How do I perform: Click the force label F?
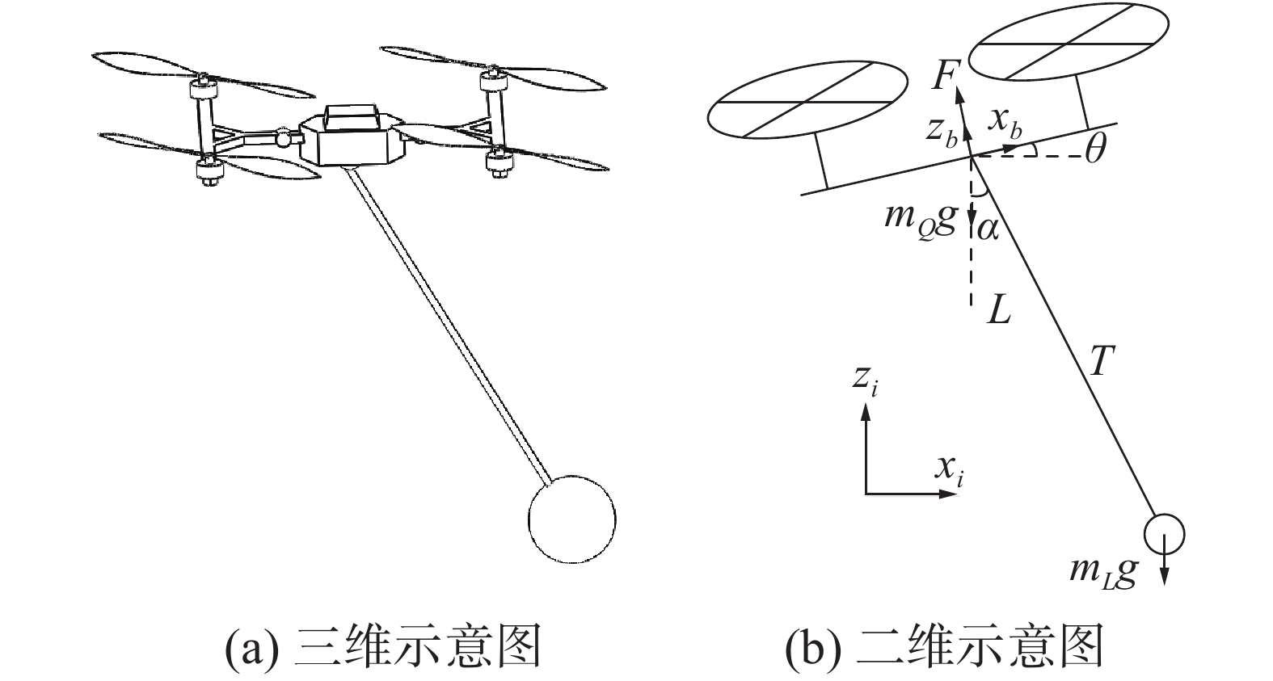click(x=944, y=75)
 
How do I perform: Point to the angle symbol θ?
click(x=1095, y=149)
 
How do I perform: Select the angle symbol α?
click(x=988, y=229)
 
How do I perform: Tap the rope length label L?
click(x=999, y=309)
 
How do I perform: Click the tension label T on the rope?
click(x=1101, y=364)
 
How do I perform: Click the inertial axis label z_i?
click(x=866, y=379)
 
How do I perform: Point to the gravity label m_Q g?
click(x=921, y=220)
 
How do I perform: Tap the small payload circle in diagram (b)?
click(x=1164, y=533)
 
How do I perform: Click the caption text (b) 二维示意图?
click(x=944, y=647)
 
